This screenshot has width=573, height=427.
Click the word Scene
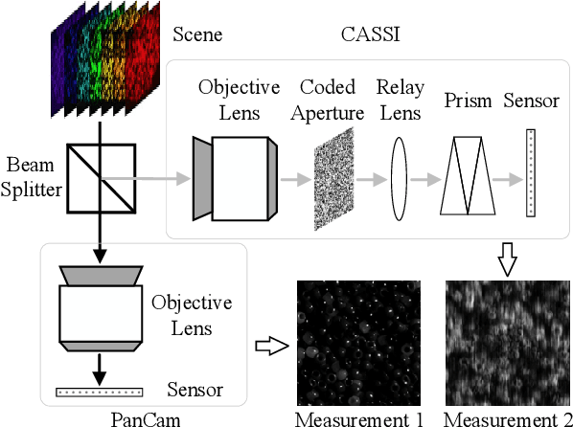tap(196, 35)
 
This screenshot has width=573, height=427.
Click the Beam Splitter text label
tap(33, 179)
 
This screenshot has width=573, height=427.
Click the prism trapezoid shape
tap(467, 173)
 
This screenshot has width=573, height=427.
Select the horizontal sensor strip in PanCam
tap(100, 391)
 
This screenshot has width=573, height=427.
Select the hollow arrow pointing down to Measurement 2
tap(507, 258)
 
